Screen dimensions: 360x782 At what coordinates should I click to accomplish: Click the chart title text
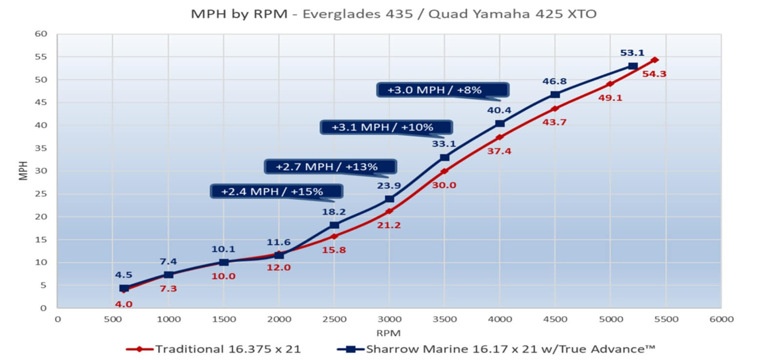tap(393, 14)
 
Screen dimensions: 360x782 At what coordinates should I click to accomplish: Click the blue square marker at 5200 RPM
tap(633, 66)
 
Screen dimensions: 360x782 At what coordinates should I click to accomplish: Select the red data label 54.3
tap(654, 74)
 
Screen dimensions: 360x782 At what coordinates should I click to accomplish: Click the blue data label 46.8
tap(554, 81)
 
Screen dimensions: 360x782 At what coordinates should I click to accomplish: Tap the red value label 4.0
tap(123, 304)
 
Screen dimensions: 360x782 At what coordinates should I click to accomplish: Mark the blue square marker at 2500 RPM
tap(334, 225)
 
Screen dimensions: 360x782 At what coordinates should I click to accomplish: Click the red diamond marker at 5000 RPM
tap(610, 84)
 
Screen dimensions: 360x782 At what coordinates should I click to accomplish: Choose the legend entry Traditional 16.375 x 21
tap(213, 349)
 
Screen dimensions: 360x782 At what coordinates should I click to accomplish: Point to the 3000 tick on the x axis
tap(389, 320)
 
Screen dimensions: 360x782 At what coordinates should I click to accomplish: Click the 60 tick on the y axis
tap(41, 34)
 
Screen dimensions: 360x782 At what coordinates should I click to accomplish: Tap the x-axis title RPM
tap(388, 333)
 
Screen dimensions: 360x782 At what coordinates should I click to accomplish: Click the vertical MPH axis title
tap(23, 171)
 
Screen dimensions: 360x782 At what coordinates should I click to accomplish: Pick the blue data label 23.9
tap(389, 186)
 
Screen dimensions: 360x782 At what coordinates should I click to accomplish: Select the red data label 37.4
tap(499, 152)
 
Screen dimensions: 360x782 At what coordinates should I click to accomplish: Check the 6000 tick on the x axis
tap(721, 320)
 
